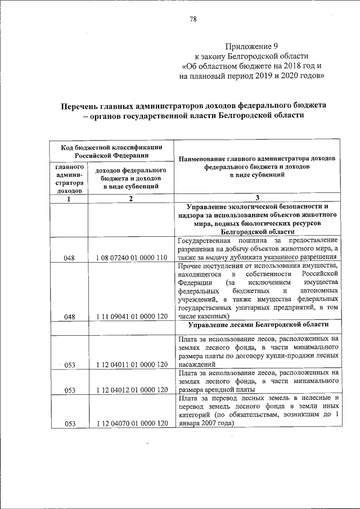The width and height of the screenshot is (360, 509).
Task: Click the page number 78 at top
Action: (x=193, y=19)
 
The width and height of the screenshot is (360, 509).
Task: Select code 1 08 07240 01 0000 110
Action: (x=132, y=258)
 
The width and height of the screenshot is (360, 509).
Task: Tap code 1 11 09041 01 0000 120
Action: (x=132, y=317)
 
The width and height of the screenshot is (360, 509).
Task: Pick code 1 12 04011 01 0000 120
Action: (x=132, y=364)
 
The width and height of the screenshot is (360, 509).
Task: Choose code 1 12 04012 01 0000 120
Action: (x=132, y=389)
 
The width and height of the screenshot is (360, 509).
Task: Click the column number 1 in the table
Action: (x=69, y=199)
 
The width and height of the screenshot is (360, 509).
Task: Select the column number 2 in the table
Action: (x=130, y=199)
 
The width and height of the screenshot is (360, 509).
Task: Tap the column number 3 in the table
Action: (x=257, y=198)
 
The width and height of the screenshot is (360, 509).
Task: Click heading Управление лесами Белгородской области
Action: (x=257, y=325)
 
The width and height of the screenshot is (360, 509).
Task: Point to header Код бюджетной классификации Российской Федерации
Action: (x=112, y=151)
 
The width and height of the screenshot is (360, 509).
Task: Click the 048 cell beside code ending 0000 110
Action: (x=69, y=258)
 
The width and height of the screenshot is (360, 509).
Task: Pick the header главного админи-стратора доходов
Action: (x=69, y=179)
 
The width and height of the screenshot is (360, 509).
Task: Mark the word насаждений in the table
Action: (x=195, y=364)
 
